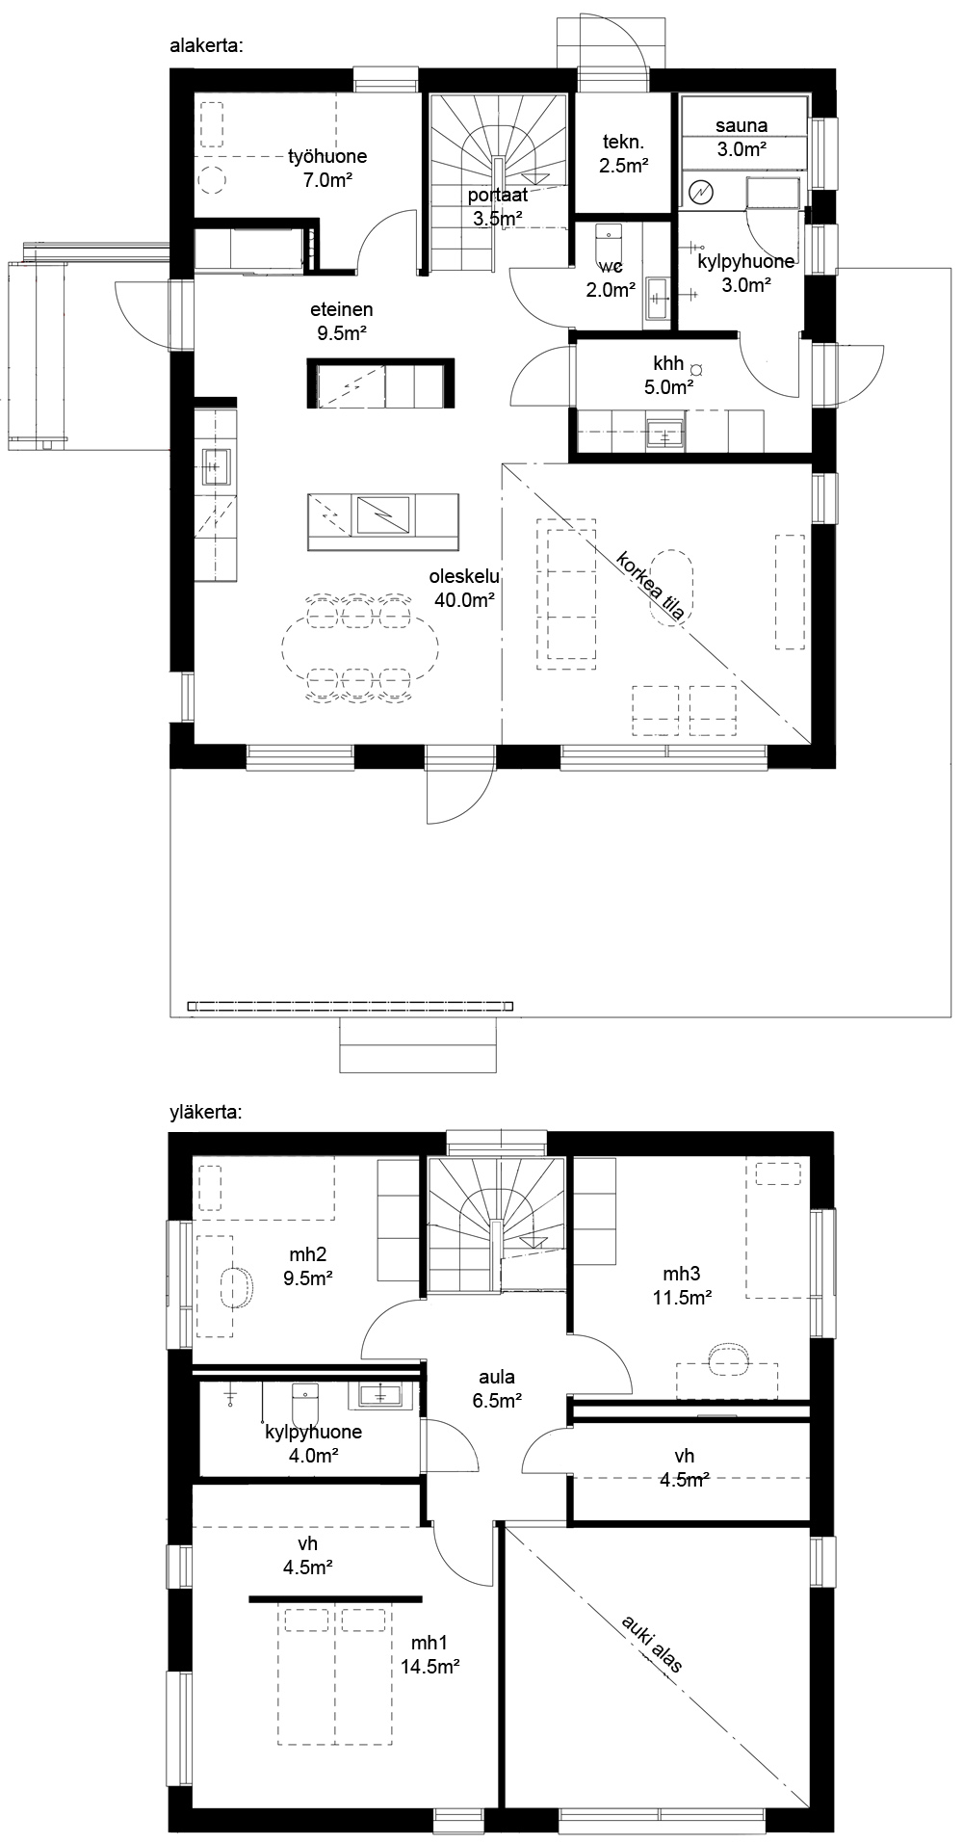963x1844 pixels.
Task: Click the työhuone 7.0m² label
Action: click(327, 168)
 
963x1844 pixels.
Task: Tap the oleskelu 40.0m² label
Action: click(464, 589)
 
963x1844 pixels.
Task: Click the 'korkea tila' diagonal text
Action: click(652, 590)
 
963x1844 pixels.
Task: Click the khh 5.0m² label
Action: click(668, 376)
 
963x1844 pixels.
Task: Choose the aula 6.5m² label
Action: click(497, 1387)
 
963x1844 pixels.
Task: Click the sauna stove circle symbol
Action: click(699, 193)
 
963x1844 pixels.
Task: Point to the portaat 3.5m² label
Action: click(497, 207)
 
